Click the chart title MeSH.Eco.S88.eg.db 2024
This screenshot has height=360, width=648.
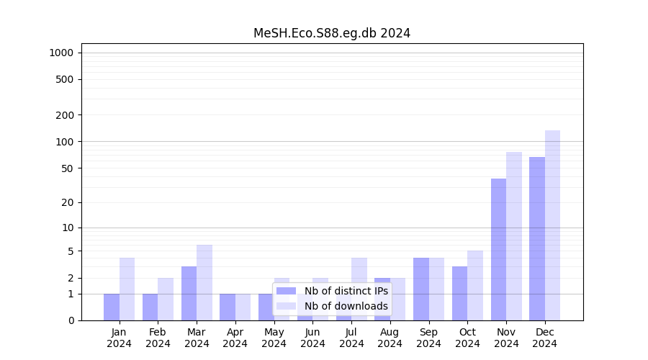(332, 33)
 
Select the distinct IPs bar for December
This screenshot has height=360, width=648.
(537, 238)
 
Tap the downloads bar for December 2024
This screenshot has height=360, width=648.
(553, 225)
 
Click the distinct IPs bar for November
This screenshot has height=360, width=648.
(498, 249)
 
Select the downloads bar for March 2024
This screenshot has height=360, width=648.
(204, 282)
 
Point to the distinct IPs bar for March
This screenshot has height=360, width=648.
(189, 293)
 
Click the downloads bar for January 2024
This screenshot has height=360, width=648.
(127, 289)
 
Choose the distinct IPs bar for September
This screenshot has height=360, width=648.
(421, 289)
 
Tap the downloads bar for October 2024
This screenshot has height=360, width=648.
(475, 285)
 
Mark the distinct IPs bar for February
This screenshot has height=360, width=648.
(150, 307)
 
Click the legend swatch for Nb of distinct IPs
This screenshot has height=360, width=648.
(287, 291)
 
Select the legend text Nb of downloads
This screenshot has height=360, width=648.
(346, 306)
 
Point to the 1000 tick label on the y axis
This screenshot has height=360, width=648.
(61, 53)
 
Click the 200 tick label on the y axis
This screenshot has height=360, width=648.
(66, 115)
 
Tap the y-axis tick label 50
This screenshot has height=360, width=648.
(68, 168)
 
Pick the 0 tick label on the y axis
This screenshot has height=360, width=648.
(71, 320)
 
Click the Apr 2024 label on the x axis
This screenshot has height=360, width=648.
(235, 338)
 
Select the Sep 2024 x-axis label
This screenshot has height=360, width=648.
(428, 338)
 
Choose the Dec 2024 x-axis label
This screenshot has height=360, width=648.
(545, 338)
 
